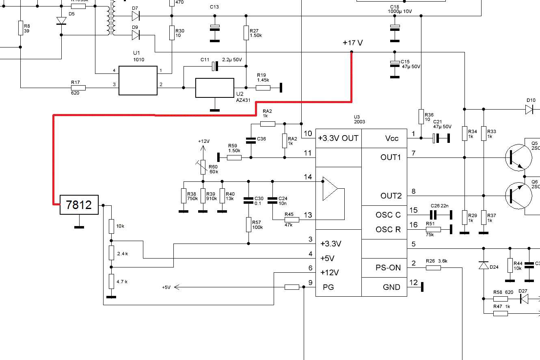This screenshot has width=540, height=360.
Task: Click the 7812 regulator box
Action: coord(79,205)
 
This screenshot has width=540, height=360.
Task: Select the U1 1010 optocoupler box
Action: coord(138,81)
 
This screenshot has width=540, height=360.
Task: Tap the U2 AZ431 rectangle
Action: coord(214,88)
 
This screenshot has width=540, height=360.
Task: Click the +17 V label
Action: coord(352,43)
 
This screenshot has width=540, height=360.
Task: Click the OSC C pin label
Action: coord(388,215)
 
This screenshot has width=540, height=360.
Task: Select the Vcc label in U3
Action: coord(392,138)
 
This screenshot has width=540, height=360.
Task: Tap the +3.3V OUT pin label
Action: coord(339,138)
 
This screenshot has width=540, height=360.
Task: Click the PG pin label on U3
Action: coord(328,287)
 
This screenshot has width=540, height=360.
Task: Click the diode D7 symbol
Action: coord(136,16)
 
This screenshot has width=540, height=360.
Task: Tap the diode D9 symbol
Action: coord(136,35)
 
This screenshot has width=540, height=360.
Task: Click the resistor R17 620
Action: coord(78,87)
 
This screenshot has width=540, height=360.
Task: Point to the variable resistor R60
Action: coord(203,166)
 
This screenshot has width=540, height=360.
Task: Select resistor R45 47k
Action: coord(292,220)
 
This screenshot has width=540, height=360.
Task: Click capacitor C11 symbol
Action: coord(215,65)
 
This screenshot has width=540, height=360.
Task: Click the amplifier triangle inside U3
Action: coord(330,189)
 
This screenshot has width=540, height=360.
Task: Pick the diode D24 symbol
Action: coord(483,265)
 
